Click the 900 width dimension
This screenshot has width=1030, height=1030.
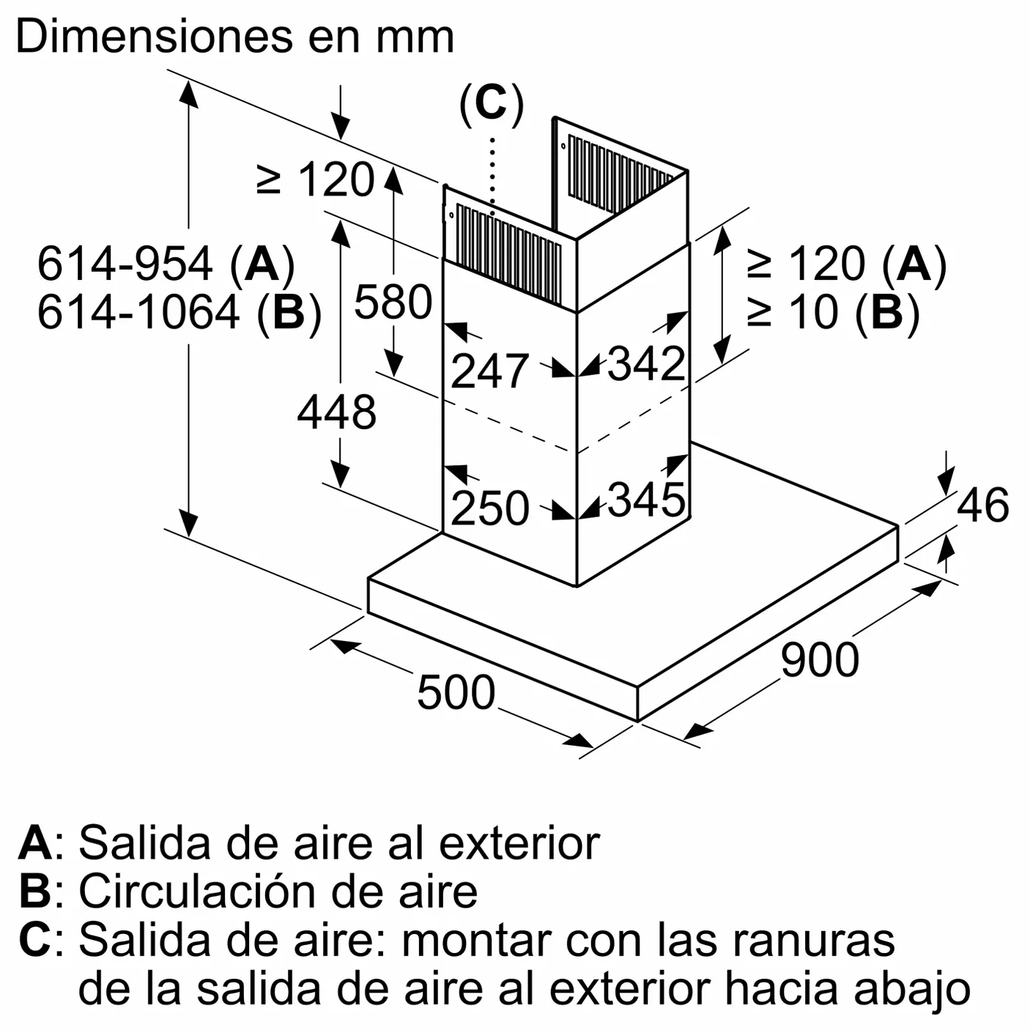click(820, 661)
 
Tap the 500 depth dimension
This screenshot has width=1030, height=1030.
click(456, 693)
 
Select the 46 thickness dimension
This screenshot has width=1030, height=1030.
click(982, 505)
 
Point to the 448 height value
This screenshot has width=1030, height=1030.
click(337, 412)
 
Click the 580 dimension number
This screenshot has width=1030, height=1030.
click(393, 303)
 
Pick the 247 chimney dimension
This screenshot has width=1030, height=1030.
click(489, 371)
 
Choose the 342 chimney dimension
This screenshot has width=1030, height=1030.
click(646, 364)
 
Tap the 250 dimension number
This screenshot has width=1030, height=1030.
click(489, 508)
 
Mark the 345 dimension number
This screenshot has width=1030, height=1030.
click(646, 500)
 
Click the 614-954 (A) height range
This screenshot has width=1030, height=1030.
click(166, 264)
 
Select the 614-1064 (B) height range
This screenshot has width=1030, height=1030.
click(179, 313)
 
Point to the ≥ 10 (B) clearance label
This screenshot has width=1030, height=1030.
click(834, 313)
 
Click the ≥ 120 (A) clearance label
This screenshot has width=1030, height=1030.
click(848, 264)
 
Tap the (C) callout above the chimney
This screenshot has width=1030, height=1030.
click(492, 104)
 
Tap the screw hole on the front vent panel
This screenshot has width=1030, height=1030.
click(452, 215)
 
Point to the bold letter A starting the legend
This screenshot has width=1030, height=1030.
click(35, 844)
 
